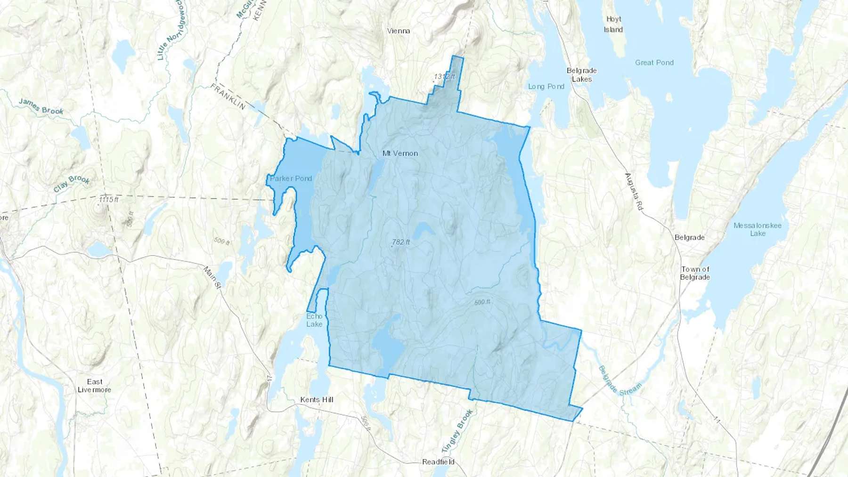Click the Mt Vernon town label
(x=400, y=154)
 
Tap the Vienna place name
(x=399, y=31)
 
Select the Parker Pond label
(x=291, y=178)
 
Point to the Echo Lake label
(x=314, y=320)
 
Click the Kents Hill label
(x=317, y=400)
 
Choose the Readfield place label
(x=438, y=462)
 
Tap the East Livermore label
(x=94, y=386)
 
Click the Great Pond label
(x=654, y=63)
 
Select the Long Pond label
(x=546, y=87)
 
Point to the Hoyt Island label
(x=613, y=24)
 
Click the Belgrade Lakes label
(x=582, y=75)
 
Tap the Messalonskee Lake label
(x=757, y=229)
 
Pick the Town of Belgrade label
(x=695, y=273)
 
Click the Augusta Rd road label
(x=634, y=191)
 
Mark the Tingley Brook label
(x=457, y=431)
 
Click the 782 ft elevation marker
(x=401, y=242)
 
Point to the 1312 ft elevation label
(x=445, y=76)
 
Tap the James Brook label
(x=41, y=107)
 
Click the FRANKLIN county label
(x=228, y=97)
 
